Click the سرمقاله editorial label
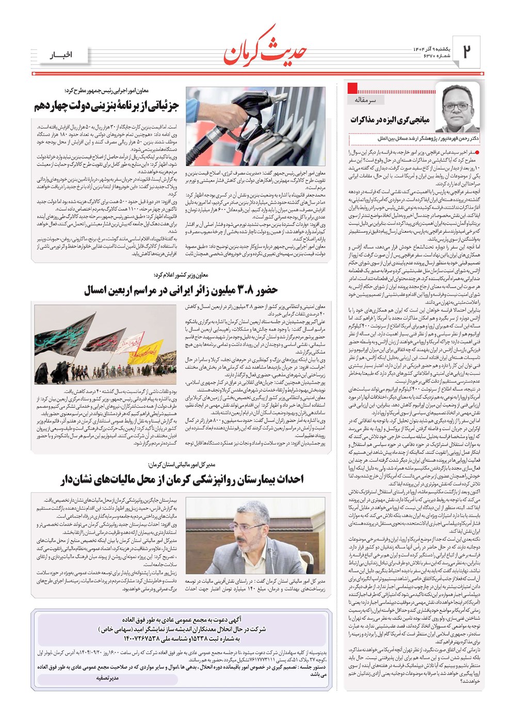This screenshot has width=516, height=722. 366,100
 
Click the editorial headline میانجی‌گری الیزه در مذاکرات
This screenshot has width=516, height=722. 390,120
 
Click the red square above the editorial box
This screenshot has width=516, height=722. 353,87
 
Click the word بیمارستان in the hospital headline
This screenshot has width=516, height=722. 266,480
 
